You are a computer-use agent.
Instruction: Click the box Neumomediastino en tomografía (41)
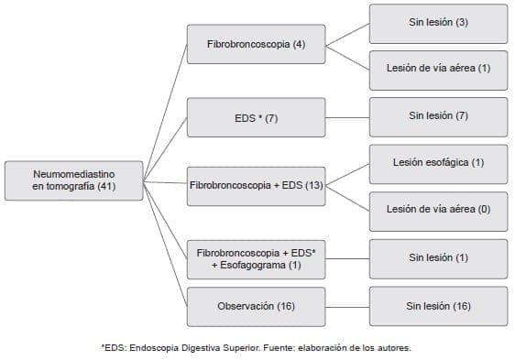click(x=74, y=180)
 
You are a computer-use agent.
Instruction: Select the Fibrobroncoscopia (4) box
click(x=256, y=44)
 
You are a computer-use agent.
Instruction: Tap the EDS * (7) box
click(x=256, y=117)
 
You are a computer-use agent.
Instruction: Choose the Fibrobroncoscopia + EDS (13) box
click(x=256, y=186)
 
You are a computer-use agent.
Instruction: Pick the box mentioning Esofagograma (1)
click(x=256, y=257)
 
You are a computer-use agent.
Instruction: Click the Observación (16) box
click(x=256, y=306)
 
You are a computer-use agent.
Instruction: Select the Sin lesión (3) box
click(x=438, y=23)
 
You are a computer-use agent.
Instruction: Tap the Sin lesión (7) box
click(x=438, y=116)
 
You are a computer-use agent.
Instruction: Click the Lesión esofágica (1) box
click(x=438, y=163)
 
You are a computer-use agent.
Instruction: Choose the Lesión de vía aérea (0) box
click(x=438, y=210)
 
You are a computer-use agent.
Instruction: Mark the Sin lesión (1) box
click(x=438, y=257)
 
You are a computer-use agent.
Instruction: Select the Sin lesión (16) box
click(x=438, y=306)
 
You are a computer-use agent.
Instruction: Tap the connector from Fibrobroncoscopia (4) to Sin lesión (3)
click(x=347, y=33)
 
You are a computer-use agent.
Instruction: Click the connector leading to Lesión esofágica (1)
click(x=347, y=174)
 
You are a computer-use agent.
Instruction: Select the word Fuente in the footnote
click(x=290, y=347)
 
